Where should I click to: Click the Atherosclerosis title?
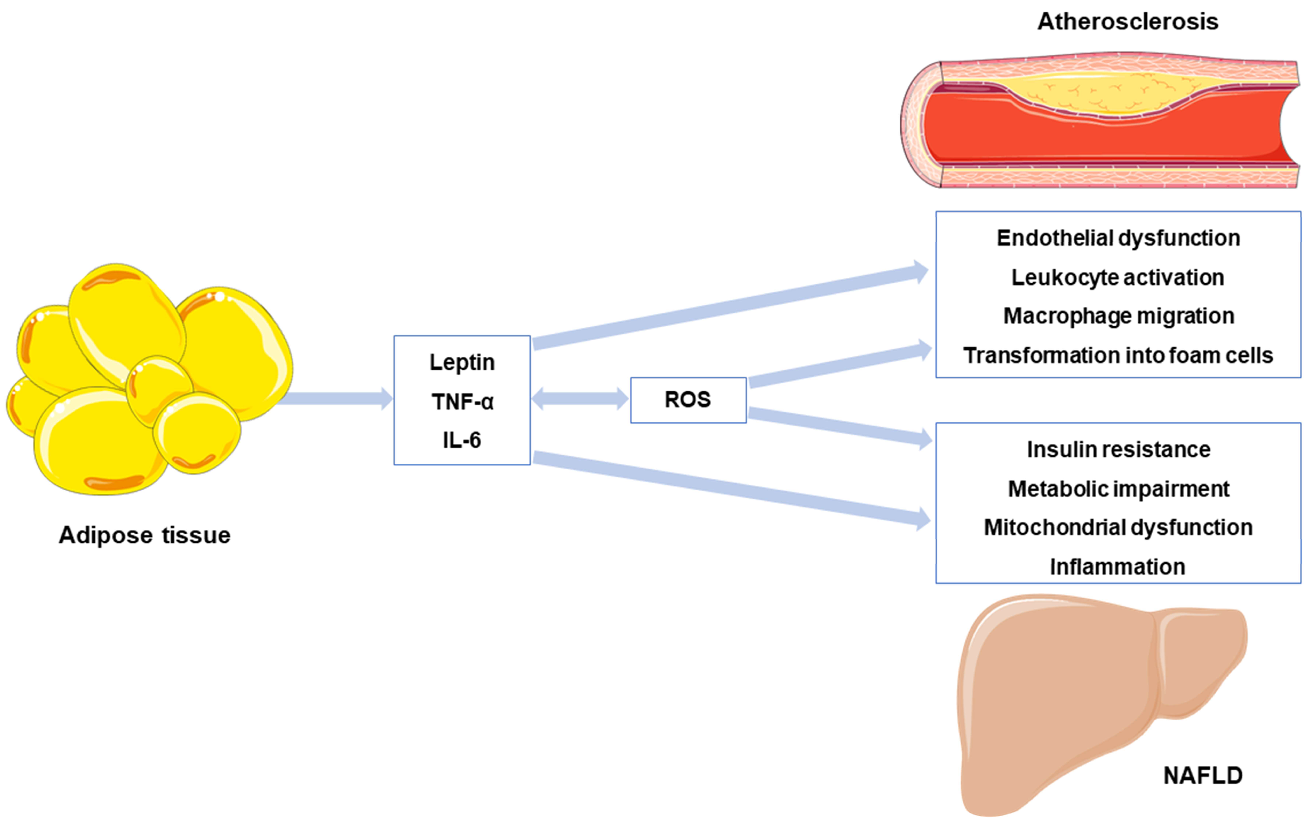coord(1127,22)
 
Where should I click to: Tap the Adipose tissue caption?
coord(145,535)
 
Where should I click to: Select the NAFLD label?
coord(1203,775)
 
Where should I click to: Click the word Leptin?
coord(462,362)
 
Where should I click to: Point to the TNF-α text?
coord(462,402)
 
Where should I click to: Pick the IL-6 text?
coord(462,440)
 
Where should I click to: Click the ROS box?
coord(688,400)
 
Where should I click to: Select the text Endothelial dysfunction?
coord(1118,238)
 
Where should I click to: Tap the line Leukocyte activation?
coord(1117,278)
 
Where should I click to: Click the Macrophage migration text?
coord(1118,316)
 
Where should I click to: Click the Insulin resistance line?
coord(1118,450)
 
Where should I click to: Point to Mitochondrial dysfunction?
coord(1118,528)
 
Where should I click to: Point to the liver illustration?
coord(1059,700)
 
